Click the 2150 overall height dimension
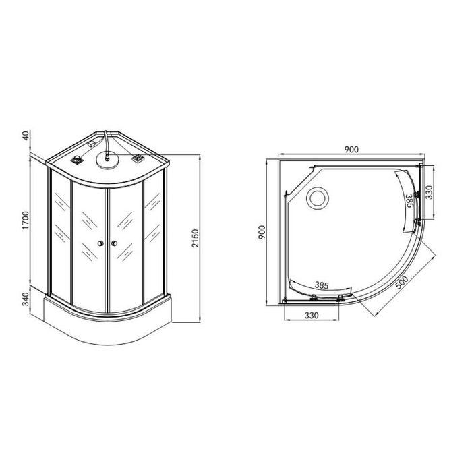pos(196,238)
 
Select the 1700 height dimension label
pos(26,220)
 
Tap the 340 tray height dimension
pos(26,299)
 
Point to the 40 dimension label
pos(26,136)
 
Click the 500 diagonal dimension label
pos(402,283)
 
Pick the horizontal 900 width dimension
pos(351,149)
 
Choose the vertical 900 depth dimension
pos(262,233)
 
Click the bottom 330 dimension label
pos(312,316)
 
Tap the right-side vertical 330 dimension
pos(429,192)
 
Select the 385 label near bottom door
pos(322,285)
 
